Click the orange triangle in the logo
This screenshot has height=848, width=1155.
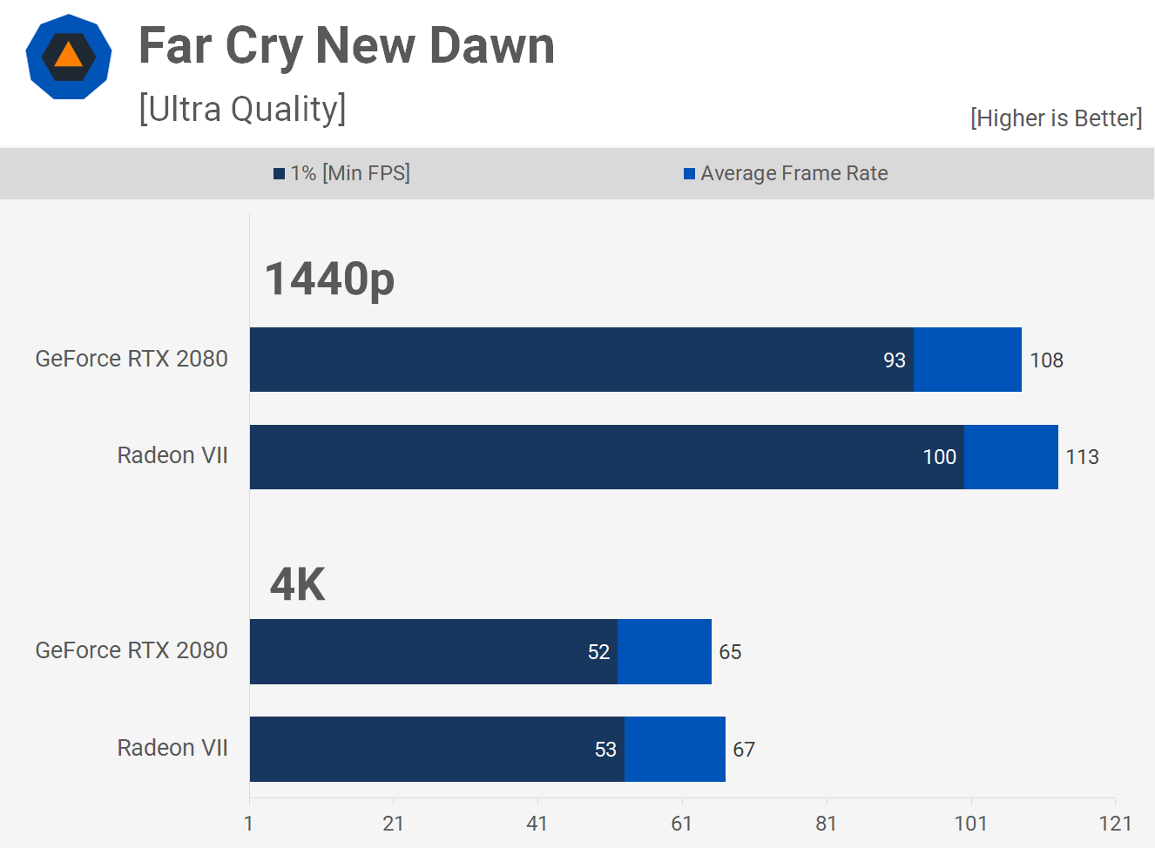[x=68, y=56]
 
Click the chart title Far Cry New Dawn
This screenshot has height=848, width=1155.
[x=347, y=45]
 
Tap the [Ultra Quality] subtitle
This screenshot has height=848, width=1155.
[x=242, y=109]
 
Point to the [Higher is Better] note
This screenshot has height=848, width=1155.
[x=1056, y=118]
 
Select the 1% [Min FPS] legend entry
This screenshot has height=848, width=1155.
[x=341, y=173]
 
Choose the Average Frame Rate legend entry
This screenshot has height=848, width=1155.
[x=786, y=173]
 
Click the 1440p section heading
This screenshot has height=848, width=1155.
[x=329, y=279]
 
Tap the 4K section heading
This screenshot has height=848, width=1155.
[x=297, y=583]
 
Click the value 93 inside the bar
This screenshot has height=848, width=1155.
[x=895, y=360]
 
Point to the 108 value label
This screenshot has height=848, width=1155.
[x=1046, y=360]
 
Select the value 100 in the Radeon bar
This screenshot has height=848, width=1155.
[x=939, y=457]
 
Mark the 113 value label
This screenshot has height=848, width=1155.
[x=1082, y=457]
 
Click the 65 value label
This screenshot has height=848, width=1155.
[x=730, y=652]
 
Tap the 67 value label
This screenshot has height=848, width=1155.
[x=744, y=750]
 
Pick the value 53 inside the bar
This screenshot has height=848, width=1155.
[x=605, y=750]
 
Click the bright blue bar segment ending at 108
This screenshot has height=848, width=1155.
[x=968, y=360]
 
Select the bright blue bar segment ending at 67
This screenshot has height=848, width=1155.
[x=675, y=749]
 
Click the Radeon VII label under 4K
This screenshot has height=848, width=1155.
[x=172, y=748]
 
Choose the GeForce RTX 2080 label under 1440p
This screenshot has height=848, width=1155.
[x=132, y=359]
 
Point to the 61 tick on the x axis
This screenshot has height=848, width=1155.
[x=681, y=824]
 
